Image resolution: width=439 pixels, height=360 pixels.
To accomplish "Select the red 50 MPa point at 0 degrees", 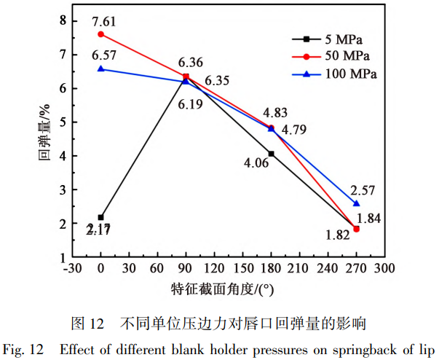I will tap(100, 34).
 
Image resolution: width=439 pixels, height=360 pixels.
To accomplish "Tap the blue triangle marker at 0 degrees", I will tap(100, 69).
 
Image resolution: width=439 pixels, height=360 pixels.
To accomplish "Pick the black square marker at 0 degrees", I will tap(100, 217).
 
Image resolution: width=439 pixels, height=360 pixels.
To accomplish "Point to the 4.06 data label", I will tap(256, 163).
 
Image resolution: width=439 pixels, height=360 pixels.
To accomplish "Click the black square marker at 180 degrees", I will tap(272, 154).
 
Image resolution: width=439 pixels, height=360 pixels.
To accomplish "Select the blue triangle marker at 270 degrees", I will tap(357, 203).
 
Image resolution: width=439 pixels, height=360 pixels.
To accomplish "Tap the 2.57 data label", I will tap(362, 191).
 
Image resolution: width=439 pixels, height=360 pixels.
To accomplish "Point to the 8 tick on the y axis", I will tap(53, 20).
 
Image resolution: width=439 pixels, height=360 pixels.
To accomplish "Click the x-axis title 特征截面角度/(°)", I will tap(224, 288).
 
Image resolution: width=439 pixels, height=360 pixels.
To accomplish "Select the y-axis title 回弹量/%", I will tap(43, 138).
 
